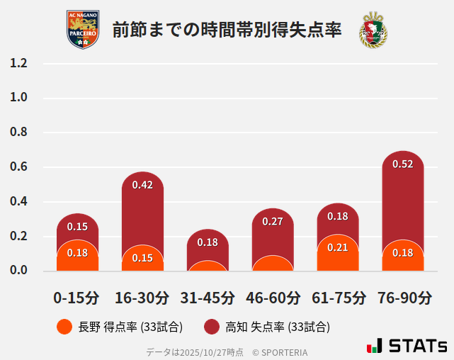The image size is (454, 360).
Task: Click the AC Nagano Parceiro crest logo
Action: (x=83, y=30)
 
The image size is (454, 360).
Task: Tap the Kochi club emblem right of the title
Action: (x=373, y=30)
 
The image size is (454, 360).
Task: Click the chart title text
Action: (x=227, y=30)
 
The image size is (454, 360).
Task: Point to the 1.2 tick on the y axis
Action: (x=18, y=63)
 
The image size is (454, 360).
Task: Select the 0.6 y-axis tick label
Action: (x=18, y=167)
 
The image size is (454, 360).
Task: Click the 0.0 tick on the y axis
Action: (x=18, y=270)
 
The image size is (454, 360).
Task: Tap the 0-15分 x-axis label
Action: (x=76, y=298)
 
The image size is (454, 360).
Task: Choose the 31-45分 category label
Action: (x=207, y=298)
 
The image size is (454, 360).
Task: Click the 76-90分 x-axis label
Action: (x=404, y=298)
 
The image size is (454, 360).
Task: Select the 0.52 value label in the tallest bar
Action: (x=402, y=164)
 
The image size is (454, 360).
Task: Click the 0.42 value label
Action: (x=142, y=185)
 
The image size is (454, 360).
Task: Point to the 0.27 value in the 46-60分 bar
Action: (x=273, y=221)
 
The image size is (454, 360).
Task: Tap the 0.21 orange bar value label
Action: (x=338, y=247)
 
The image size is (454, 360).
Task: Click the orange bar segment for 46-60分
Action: (x=273, y=264)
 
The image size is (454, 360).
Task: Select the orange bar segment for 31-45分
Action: (x=208, y=266)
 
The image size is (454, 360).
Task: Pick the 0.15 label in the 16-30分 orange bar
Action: (x=142, y=258)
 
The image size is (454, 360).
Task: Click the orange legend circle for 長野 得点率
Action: (x=64, y=327)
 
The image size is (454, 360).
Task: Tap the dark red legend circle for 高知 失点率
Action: (x=211, y=327)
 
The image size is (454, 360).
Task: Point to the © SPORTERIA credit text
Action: (x=280, y=351)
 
